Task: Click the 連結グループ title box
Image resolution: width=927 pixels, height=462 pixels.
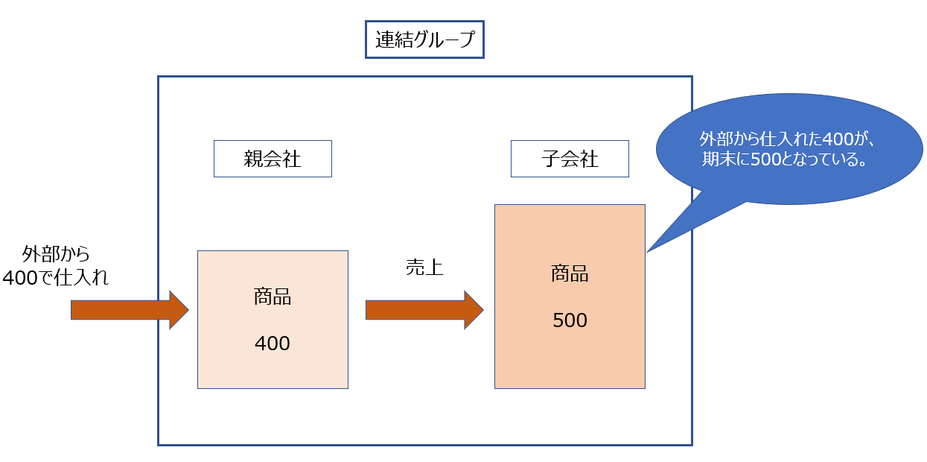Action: [424, 39]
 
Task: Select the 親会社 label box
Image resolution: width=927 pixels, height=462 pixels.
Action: [273, 159]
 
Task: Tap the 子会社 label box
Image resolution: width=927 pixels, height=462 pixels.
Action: [570, 159]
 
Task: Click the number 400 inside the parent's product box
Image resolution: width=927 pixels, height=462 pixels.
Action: [273, 344]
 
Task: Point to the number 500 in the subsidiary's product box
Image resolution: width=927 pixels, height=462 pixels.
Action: [570, 320]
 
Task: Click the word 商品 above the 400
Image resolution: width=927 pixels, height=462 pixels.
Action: [273, 297]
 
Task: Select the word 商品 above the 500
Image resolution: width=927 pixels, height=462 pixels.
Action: [570, 273]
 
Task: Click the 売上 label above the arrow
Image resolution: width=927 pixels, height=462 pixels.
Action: [424, 268]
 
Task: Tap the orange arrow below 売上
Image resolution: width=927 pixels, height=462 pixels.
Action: [417, 309]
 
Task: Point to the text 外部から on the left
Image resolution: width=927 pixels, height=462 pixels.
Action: [56, 254]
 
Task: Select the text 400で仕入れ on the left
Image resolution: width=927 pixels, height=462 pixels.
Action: [56, 278]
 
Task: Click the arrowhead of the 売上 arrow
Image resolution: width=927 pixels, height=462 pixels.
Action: [474, 309]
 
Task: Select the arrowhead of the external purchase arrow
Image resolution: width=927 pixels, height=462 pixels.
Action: [179, 309]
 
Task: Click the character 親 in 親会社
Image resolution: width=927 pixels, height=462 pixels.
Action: [253, 159]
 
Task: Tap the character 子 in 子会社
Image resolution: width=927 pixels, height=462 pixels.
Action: [550, 159]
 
